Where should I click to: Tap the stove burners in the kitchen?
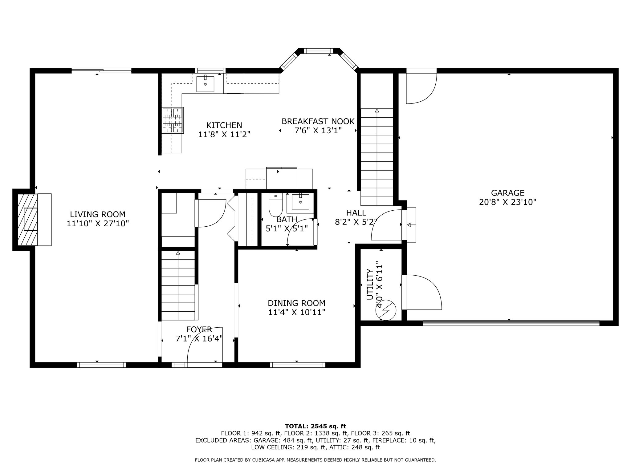[173, 120]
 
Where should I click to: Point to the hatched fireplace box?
[27, 220]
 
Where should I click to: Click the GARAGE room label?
[508, 193]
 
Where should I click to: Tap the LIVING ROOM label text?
[98, 214]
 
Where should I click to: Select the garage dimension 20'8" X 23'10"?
[508, 202]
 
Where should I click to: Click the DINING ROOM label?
[296, 303]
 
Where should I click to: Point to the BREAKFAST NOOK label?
[318, 121]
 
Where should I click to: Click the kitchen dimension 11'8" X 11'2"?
[224, 135]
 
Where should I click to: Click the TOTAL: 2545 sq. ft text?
[315, 427]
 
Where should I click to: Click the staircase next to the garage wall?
[377, 157]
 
